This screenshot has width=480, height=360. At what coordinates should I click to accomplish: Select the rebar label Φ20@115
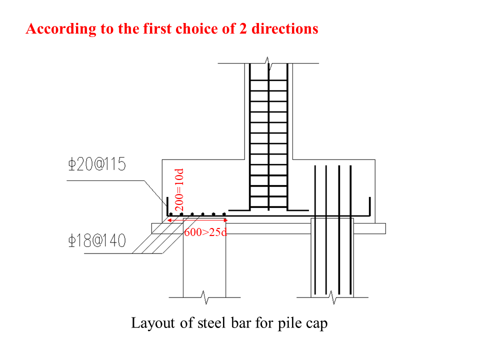(98, 165)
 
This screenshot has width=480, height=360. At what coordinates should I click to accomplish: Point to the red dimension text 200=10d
(180, 190)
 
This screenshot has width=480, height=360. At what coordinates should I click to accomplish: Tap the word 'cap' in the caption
(317, 323)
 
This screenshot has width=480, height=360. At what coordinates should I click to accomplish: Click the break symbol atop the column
(269, 64)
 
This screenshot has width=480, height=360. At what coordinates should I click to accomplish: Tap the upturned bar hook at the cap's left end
(166, 206)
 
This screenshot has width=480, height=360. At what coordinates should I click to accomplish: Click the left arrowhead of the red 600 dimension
(170, 219)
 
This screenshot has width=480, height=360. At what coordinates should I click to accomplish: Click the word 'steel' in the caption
(210, 323)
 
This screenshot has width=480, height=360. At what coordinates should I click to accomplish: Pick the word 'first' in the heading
(152, 28)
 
